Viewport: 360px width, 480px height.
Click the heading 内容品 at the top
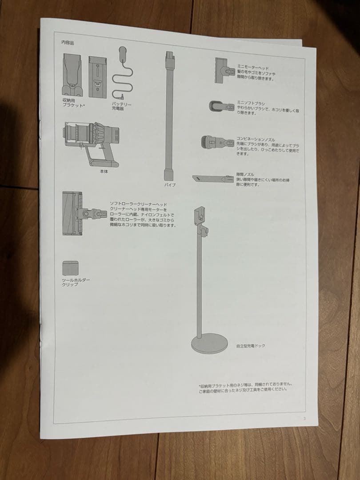coord(68,43)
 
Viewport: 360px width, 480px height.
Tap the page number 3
coord(304,418)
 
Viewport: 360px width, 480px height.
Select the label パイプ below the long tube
coord(170,184)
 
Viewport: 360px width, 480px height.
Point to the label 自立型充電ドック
coord(250,345)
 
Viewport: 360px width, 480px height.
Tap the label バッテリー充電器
coord(121,106)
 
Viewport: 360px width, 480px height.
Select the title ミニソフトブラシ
coord(250,102)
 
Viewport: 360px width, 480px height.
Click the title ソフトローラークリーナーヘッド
coord(138,204)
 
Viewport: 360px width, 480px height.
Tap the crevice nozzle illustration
coord(213,178)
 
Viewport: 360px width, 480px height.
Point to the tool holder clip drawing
coord(70,268)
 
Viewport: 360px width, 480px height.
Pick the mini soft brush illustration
coord(221,106)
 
